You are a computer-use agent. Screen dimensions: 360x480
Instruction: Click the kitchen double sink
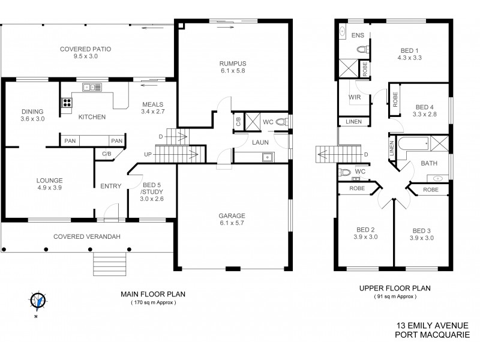click(92, 87)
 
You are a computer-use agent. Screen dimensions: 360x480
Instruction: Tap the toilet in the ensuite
click(362, 51)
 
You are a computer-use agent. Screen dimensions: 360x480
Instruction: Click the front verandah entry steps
click(110, 262)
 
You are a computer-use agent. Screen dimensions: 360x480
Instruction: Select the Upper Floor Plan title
click(395, 288)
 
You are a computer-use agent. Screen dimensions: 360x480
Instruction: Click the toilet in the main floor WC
click(284, 122)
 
